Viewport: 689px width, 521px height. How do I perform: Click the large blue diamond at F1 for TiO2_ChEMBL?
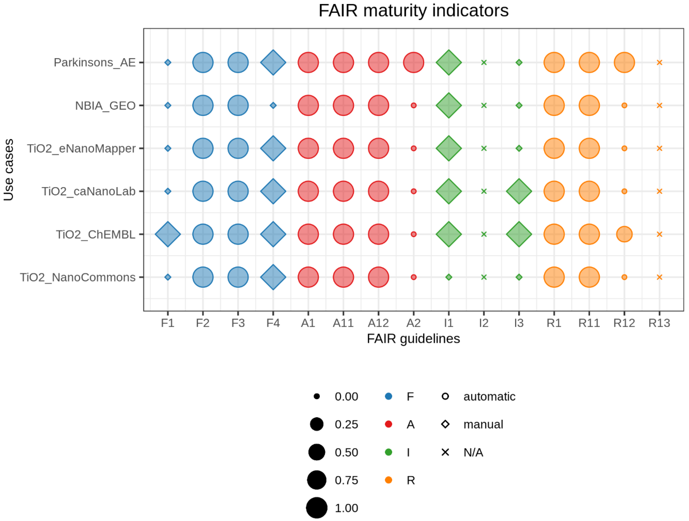click(x=168, y=234)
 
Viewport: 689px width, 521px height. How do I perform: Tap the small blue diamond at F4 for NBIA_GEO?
click(x=273, y=106)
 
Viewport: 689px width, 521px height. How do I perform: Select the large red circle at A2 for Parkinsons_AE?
click(x=413, y=63)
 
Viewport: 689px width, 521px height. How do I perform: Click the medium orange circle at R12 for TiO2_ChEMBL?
click(x=624, y=234)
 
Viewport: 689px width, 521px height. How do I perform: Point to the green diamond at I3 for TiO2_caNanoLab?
click(x=519, y=191)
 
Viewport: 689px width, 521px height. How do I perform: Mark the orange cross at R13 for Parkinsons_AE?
click(x=659, y=63)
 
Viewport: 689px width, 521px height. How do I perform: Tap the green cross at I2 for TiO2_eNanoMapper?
click(x=484, y=148)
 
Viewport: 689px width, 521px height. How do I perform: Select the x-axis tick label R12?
click(x=624, y=323)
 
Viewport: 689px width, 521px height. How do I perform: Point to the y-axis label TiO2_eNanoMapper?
click(x=81, y=148)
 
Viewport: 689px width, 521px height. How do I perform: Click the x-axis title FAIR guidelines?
click(x=413, y=339)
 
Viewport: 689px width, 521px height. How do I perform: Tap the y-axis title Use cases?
click(x=9, y=170)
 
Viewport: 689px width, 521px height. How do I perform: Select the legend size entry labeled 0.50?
click(x=346, y=452)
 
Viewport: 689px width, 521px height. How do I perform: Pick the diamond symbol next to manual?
click(x=445, y=424)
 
